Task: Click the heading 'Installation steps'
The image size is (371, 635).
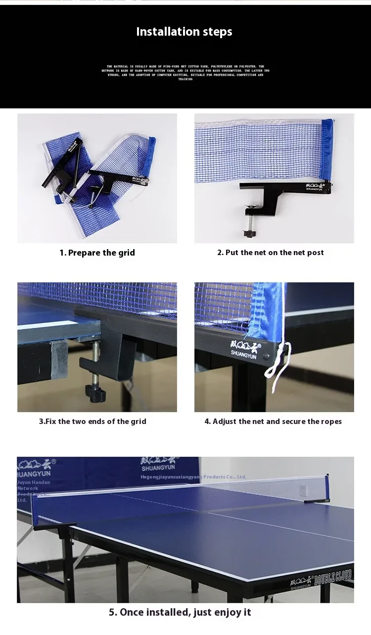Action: [x=184, y=32]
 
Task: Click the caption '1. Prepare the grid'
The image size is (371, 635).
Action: [x=97, y=253]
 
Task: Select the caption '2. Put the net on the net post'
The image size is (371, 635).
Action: [x=271, y=253]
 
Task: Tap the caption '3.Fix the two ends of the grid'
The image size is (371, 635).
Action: [x=93, y=422]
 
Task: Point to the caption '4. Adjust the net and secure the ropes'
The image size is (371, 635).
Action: [x=273, y=422]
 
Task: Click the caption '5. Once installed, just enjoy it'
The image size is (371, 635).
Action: [x=180, y=612]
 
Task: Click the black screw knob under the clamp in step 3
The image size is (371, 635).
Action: [x=95, y=394]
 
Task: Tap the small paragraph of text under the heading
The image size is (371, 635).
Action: [x=185, y=72]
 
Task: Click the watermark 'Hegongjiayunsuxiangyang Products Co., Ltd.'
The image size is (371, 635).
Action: [x=193, y=477]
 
